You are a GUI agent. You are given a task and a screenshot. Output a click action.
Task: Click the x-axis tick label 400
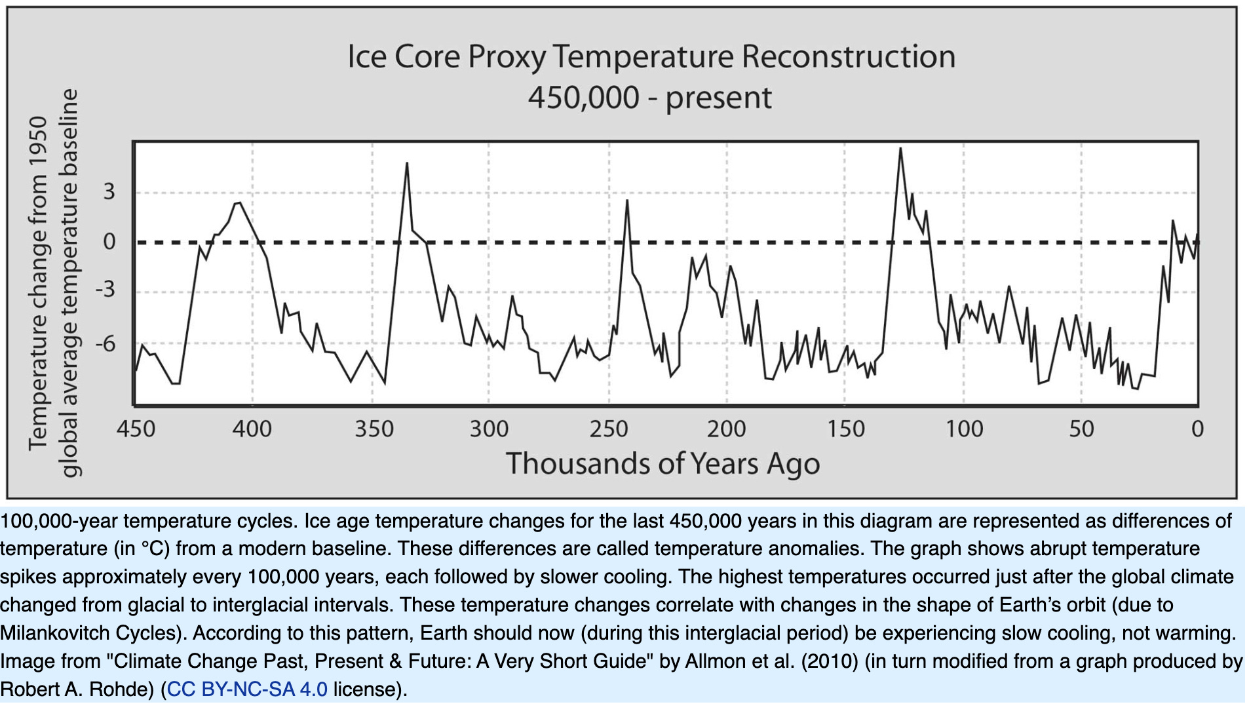click(x=252, y=429)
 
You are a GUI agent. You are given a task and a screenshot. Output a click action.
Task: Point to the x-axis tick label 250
click(x=609, y=429)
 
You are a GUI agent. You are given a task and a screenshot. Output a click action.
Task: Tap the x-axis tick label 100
click(x=964, y=429)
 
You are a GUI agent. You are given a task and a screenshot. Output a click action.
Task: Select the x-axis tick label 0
click(x=1197, y=429)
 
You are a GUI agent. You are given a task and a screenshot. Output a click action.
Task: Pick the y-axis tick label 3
click(x=109, y=192)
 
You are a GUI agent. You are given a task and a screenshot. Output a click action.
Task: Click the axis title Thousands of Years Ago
click(x=663, y=464)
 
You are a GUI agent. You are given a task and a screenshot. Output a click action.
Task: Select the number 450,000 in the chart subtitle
click(x=583, y=98)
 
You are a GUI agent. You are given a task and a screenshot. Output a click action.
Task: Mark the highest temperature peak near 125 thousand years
click(x=900, y=149)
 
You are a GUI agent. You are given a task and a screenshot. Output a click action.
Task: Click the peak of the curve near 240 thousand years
click(x=627, y=201)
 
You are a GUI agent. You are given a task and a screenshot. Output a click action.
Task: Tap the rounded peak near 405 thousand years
click(x=239, y=203)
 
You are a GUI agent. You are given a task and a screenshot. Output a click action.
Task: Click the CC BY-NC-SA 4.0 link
click(x=247, y=689)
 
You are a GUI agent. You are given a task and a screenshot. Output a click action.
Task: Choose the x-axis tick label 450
click(x=136, y=429)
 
